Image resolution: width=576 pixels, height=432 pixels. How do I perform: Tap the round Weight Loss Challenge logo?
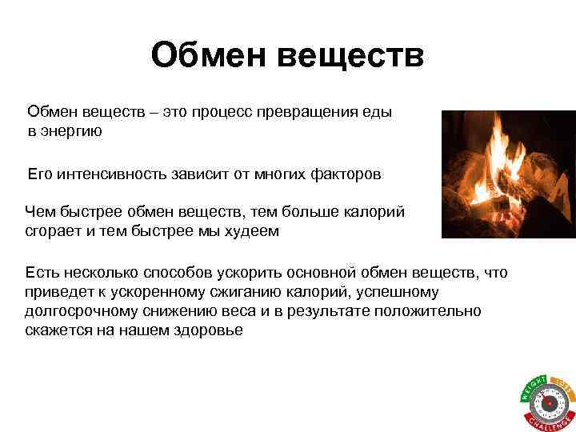[x=547, y=401]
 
